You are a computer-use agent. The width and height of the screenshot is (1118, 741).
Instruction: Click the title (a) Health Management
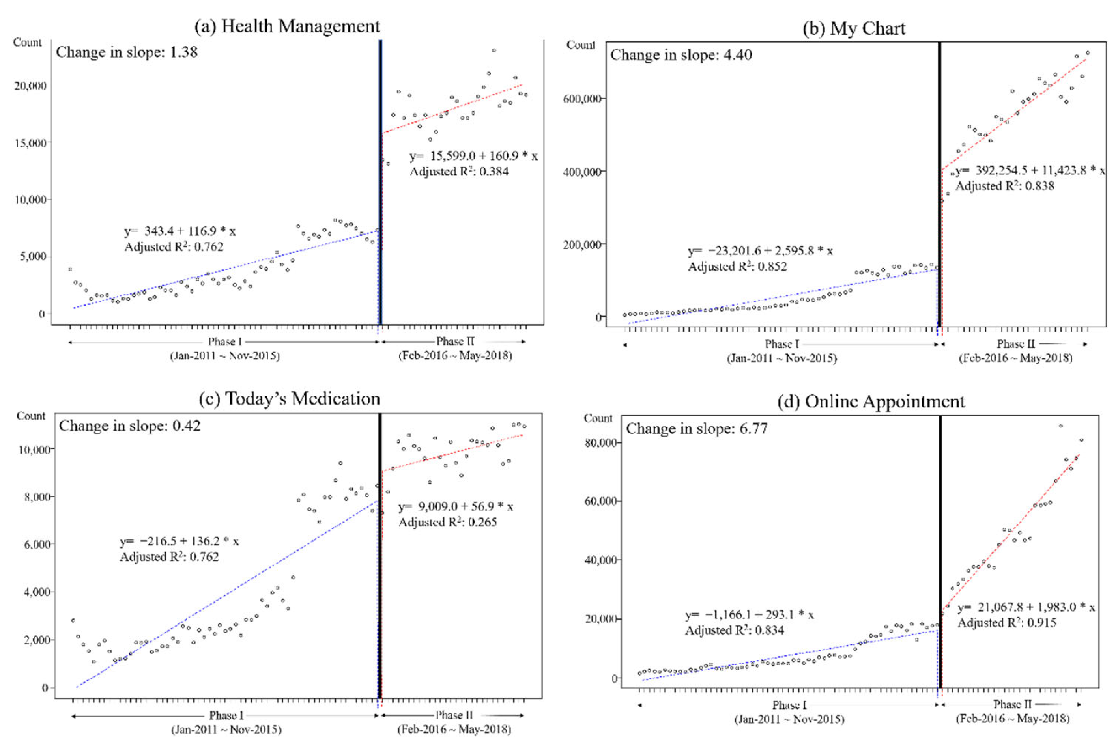288,26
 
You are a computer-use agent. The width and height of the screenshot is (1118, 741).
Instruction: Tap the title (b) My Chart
854,29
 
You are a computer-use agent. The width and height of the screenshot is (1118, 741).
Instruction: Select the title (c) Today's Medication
289,399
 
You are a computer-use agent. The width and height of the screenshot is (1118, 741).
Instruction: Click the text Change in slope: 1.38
127,52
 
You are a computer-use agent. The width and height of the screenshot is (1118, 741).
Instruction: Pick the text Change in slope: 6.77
696,429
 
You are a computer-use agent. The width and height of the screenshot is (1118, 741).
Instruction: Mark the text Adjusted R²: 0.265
447,522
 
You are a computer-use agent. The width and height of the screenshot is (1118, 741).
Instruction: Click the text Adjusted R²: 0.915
1006,622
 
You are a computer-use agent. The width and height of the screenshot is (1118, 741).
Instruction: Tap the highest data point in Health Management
494,50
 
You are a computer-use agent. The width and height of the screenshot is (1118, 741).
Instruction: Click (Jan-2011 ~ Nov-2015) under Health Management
224,356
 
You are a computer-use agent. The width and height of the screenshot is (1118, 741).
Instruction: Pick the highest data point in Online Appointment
1061,426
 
